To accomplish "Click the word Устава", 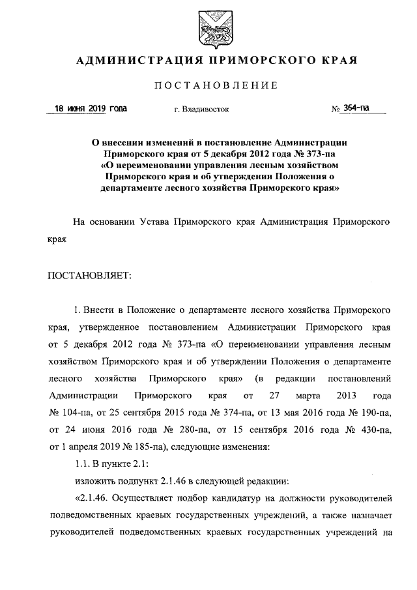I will pos(155,222).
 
